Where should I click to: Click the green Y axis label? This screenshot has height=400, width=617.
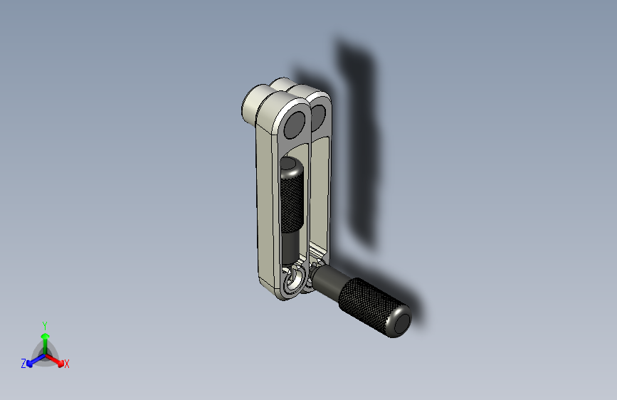(44, 325)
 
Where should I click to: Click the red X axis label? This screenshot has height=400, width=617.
(66, 364)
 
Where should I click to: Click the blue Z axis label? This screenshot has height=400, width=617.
(23, 364)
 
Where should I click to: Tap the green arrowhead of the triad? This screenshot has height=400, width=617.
(46, 336)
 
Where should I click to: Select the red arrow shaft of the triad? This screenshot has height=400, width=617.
(53, 359)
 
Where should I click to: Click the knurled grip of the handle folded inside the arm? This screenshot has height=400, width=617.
(292, 204)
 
